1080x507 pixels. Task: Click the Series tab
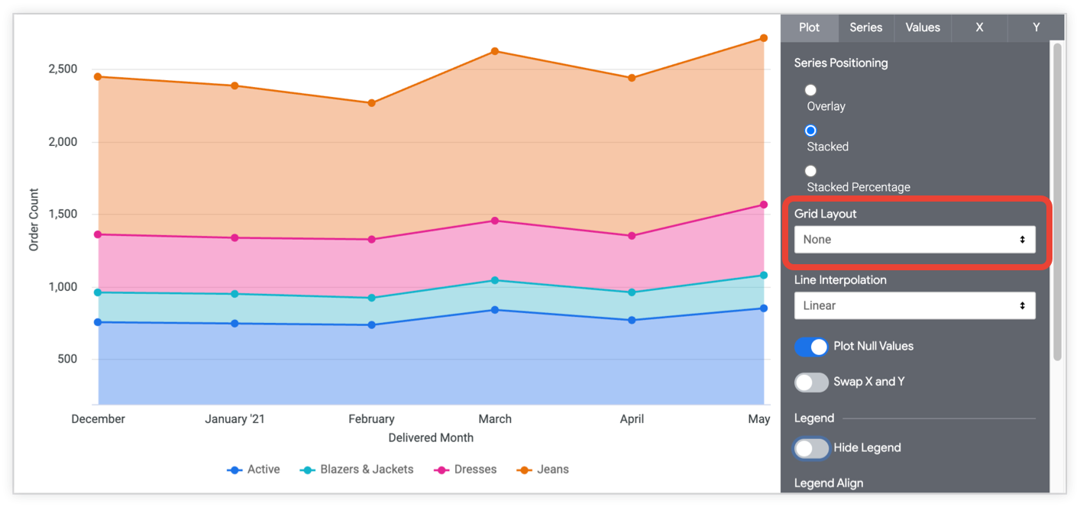click(866, 27)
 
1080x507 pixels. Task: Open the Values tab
click(923, 27)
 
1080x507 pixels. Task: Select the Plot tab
click(809, 27)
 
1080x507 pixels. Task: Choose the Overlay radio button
click(810, 90)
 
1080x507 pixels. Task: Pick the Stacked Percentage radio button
click(810, 171)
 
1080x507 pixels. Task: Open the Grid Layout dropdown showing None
click(914, 240)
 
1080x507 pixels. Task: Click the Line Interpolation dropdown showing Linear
click(914, 305)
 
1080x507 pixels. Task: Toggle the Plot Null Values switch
click(811, 347)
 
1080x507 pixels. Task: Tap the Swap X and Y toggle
click(811, 382)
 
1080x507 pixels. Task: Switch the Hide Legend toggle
click(811, 448)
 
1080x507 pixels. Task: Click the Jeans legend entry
click(543, 470)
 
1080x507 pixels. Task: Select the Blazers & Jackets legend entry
click(357, 470)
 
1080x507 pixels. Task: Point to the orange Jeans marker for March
click(495, 51)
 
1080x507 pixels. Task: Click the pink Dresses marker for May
click(764, 205)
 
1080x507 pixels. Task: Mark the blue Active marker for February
click(371, 325)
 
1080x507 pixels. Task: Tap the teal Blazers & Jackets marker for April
click(632, 292)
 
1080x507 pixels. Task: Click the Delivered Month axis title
click(431, 438)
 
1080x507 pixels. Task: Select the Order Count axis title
click(34, 220)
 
